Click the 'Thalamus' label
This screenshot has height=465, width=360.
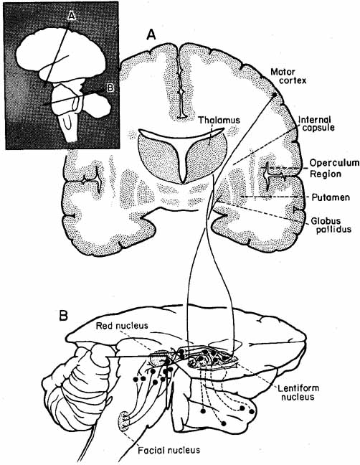(219, 120)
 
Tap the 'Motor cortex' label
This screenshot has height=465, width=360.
(288, 76)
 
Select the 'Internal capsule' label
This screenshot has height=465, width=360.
(316, 123)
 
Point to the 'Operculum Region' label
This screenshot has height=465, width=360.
(334, 168)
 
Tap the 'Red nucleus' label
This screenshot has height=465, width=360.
(122, 326)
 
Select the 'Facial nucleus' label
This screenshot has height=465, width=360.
(169, 450)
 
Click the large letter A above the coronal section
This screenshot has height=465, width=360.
(151, 35)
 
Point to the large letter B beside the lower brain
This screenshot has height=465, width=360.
(63, 316)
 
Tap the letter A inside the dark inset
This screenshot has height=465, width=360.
(72, 16)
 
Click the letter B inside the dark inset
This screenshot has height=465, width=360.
(110, 88)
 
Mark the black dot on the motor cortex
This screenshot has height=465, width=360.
(275, 95)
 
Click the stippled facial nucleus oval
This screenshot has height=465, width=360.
(122, 421)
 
